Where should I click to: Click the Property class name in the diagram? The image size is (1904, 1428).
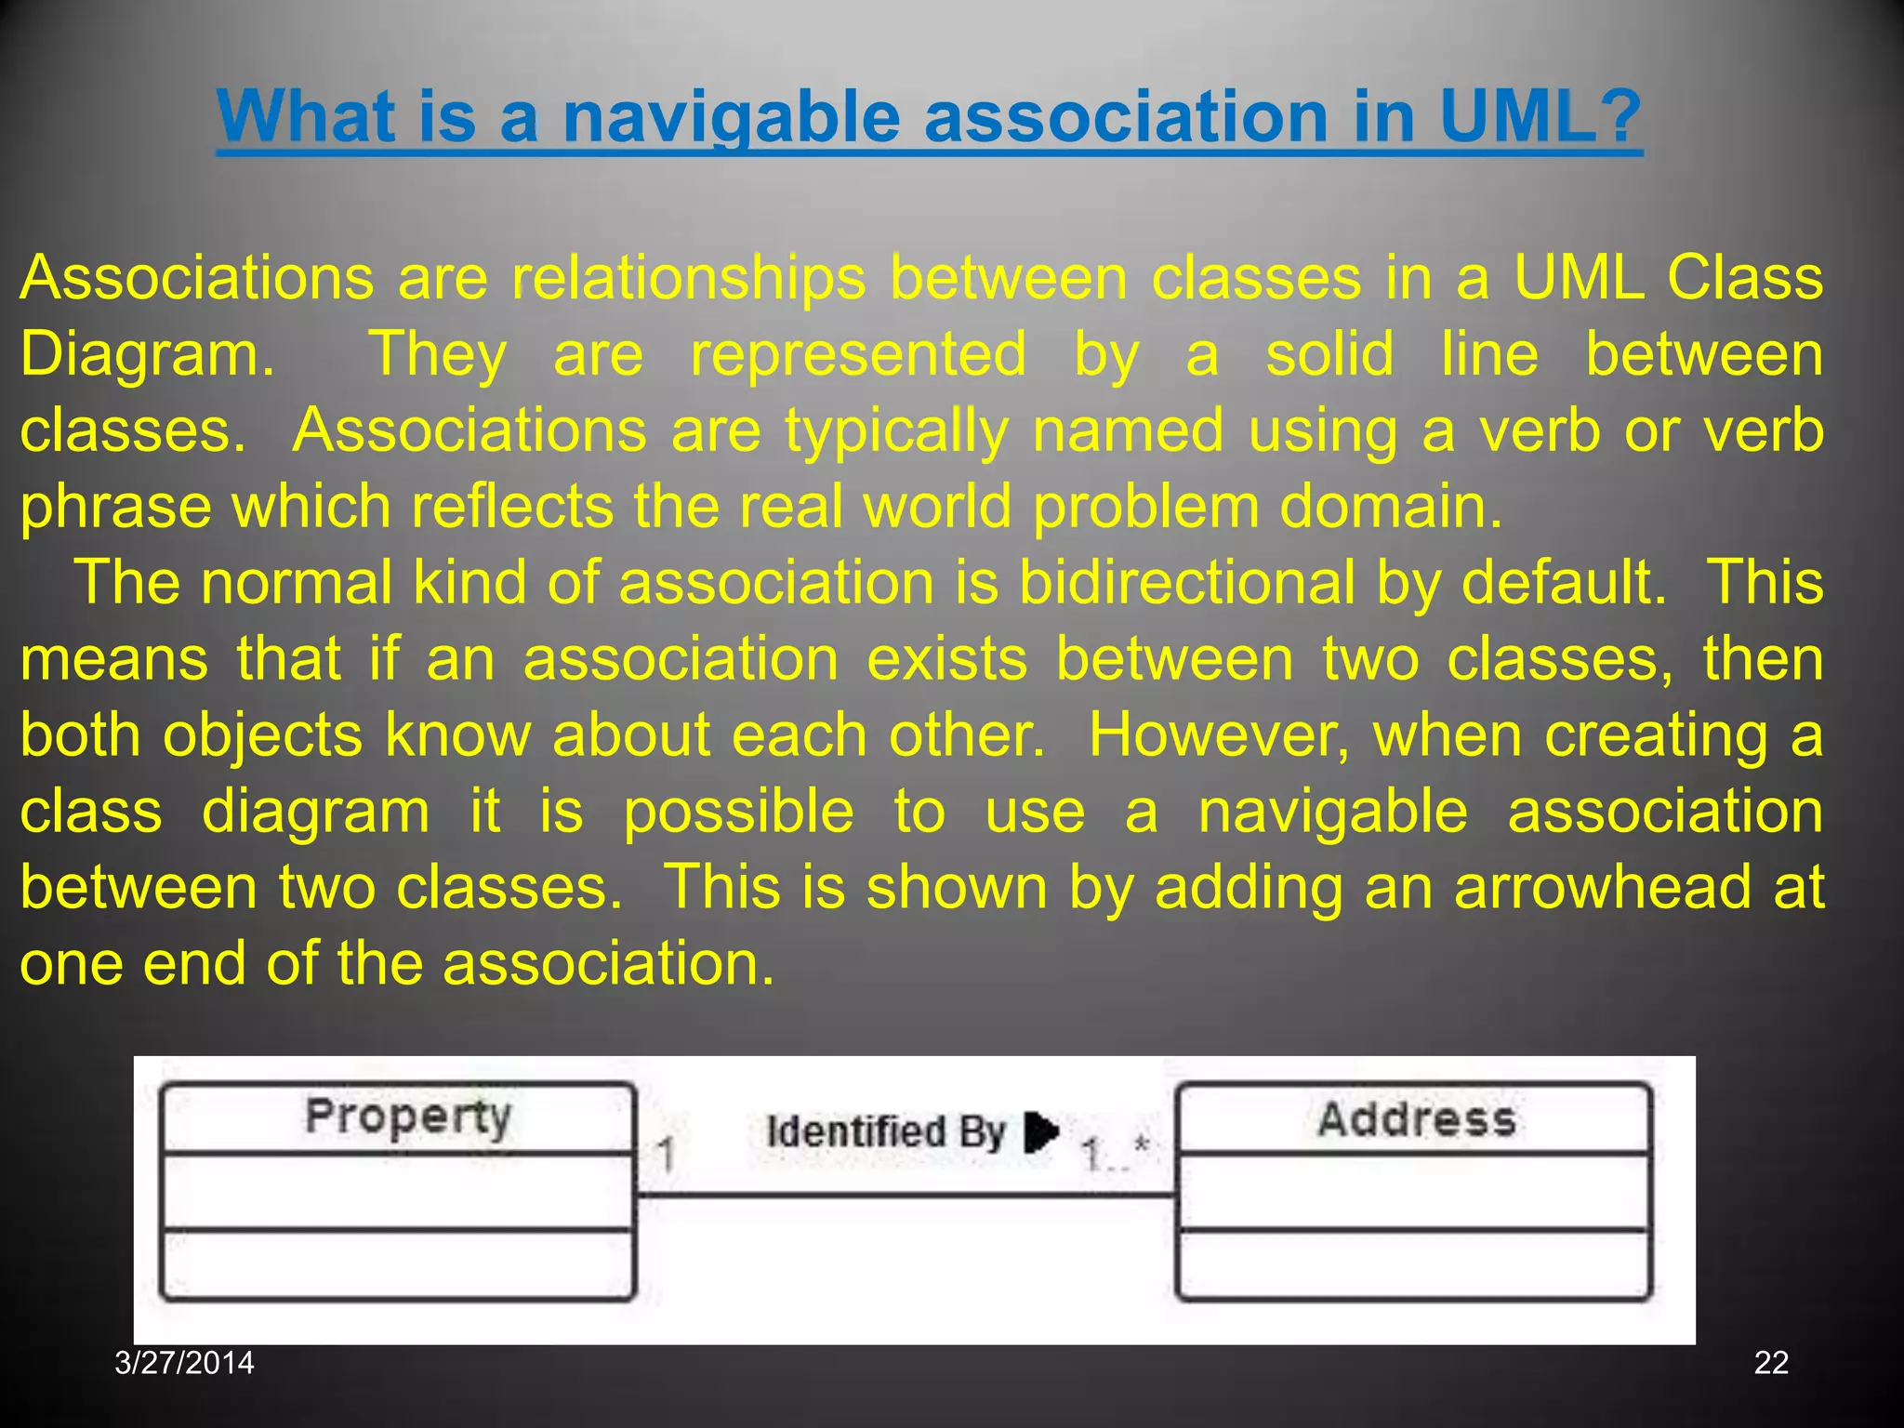click(x=408, y=1117)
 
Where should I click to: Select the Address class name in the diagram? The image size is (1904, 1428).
click(x=1416, y=1119)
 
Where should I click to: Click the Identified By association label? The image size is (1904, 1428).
click(x=885, y=1131)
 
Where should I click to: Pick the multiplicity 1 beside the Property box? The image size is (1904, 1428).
click(x=666, y=1156)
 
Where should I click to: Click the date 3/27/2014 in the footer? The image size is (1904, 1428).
click(x=184, y=1362)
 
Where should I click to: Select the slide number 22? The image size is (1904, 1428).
click(x=1771, y=1362)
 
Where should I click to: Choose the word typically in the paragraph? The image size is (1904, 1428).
click(x=896, y=430)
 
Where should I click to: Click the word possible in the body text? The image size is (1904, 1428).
click(x=738, y=812)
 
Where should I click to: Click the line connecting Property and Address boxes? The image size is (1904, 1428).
click(x=906, y=1197)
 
